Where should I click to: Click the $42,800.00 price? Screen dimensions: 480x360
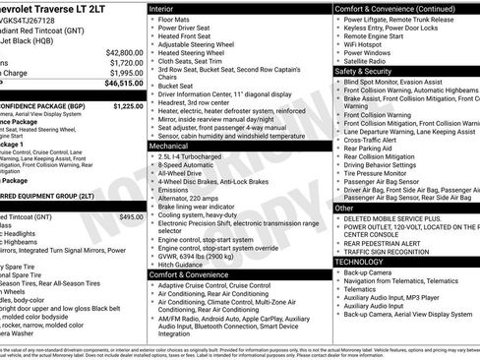point(124,51)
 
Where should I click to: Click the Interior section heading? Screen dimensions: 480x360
point(162,7)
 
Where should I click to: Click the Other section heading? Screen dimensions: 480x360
point(343,208)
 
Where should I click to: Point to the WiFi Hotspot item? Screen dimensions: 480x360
point(369,43)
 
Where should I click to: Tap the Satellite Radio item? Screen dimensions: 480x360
point(372,60)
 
